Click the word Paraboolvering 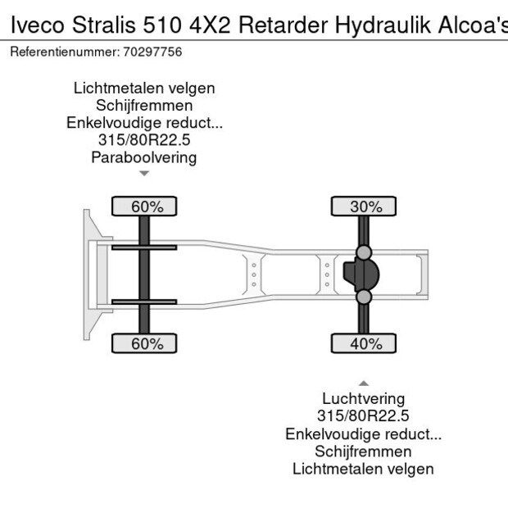(x=143, y=157)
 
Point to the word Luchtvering (x=363, y=399)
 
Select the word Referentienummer (x=61, y=52)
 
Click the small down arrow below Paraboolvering (x=144, y=174)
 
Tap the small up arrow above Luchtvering (x=363, y=383)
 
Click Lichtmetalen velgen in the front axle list (x=143, y=88)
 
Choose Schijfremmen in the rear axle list (x=363, y=451)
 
